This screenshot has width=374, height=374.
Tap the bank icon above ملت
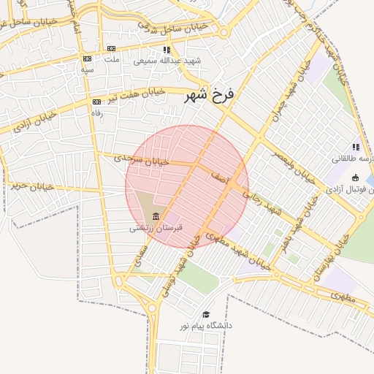tap(111, 49)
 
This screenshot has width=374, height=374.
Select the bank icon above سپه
tap(88, 58)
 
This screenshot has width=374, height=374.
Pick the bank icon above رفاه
tap(96, 102)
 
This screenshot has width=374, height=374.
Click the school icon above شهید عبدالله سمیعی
tap(167, 50)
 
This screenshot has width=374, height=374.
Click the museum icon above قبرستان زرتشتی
tap(156, 216)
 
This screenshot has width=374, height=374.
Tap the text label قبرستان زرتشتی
tap(156, 228)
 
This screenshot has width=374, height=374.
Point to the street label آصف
tap(220, 179)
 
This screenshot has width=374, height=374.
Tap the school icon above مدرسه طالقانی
tap(356, 147)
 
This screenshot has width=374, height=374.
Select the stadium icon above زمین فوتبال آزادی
tap(356, 178)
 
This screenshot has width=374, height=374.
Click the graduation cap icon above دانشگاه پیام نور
tap(205, 314)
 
